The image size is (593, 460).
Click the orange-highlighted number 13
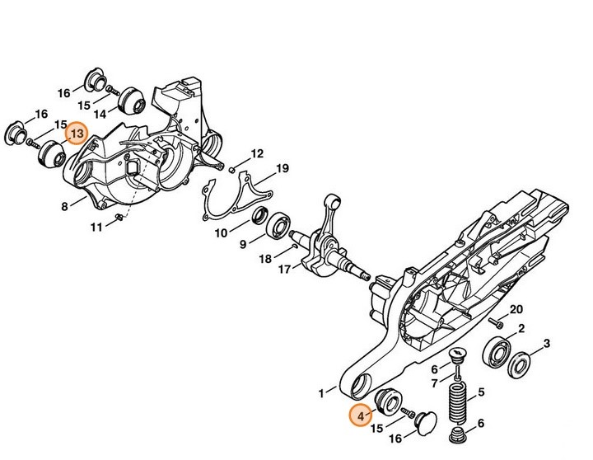(x=77, y=133)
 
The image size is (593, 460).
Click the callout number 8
(x=64, y=207)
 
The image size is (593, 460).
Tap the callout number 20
(x=516, y=309)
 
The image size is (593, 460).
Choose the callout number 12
(x=257, y=153)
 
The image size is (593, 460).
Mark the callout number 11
(x=97, y=227)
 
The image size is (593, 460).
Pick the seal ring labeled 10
(x=258, y=218)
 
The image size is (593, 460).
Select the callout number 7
(x=434, y=383)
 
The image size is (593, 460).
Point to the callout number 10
(x=221, y=233)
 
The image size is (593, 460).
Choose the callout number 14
(x=99, y=113)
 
